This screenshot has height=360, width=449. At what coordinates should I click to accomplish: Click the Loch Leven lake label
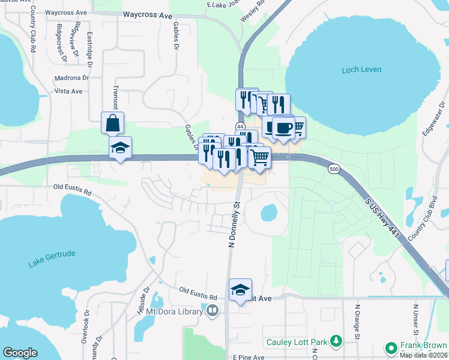(361, 70)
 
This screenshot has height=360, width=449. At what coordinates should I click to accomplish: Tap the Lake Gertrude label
(52, 259)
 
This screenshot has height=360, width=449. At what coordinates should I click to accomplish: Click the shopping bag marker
(112, 123)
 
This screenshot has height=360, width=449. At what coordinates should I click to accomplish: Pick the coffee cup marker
(283, 128)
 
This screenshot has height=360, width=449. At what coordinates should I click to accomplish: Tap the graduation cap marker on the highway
(120, 148)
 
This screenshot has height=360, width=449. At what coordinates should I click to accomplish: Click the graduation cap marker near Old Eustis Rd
(240, 290)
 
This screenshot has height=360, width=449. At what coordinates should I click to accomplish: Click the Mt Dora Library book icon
(212, 311)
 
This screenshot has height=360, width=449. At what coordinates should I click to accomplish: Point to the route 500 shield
(334, 170)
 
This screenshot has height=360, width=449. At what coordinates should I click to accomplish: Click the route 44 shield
(240, 127)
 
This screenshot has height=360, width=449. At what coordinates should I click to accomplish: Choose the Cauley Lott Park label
(297, 343)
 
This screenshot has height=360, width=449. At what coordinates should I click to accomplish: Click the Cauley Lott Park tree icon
(336, 342)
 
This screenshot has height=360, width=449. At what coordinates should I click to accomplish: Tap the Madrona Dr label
(71, 78)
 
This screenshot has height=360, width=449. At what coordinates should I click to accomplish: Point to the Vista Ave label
(68, 91)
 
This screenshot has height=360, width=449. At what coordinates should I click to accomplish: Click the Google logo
(20, 353)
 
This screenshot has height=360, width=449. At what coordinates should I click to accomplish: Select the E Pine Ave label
(248, 358)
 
